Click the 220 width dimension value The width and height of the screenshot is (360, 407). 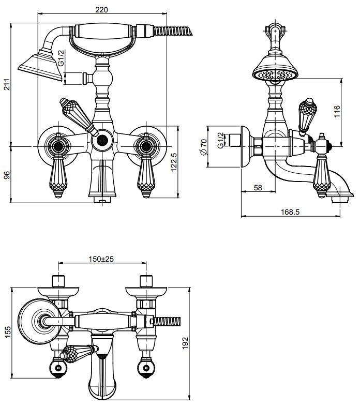102,9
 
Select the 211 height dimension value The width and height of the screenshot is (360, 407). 7,85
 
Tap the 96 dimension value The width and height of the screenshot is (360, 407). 7,175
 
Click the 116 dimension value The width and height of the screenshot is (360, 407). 337,111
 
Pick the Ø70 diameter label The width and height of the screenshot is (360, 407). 203,147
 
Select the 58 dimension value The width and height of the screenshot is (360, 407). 258,188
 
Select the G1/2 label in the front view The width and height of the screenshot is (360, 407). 61,57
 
